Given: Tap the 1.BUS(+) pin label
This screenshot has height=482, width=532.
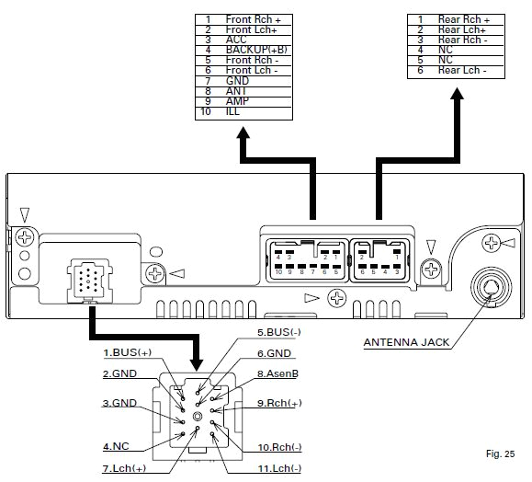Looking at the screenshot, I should click(x=129, y=352).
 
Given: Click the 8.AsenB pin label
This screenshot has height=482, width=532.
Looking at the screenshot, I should click(x=284, y=373).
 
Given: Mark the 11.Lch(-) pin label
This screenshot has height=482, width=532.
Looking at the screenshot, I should click(x=280, y=469).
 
